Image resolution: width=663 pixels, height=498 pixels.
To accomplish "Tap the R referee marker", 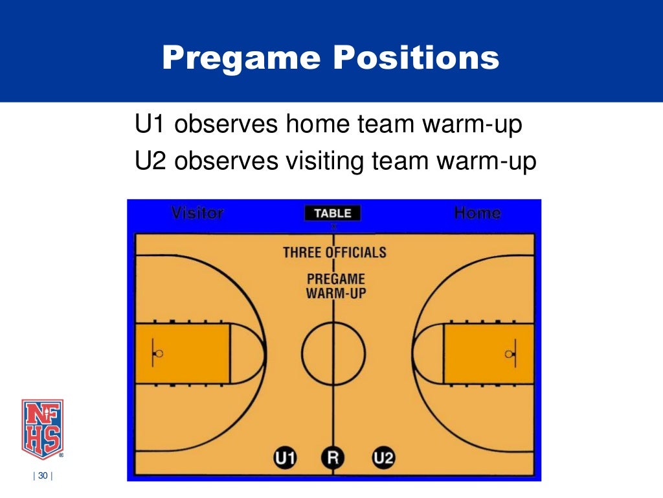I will [x=333, y=458].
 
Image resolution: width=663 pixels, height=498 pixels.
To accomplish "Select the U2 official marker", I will [x=383, y=458].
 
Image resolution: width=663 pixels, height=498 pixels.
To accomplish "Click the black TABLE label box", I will [x=333, y=213].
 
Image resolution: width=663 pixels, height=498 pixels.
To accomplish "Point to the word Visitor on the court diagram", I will [x=197, y=213].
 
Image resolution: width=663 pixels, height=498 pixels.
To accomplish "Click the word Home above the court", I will [x=478, y=213].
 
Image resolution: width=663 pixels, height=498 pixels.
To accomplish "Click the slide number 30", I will [x=43, y=477].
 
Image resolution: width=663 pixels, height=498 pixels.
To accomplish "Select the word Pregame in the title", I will [x=241, y=58].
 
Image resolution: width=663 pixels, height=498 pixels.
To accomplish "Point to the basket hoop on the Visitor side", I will [x=159, y=354].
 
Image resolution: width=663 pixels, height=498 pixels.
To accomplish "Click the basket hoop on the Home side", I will [x=509, y=354].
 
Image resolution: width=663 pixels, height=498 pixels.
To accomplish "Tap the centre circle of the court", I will [x=333, y=354].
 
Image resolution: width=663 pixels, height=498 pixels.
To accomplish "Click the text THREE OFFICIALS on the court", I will [x=334, y=252].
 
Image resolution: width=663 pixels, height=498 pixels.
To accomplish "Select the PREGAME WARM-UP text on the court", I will [x=335, y=286].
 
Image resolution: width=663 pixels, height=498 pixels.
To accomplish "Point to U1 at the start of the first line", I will [x=151, y=125].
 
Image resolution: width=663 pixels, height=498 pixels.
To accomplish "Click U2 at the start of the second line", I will [x=151, y=161].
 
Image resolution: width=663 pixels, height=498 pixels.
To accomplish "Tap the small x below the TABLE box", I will [x=334, y=227].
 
